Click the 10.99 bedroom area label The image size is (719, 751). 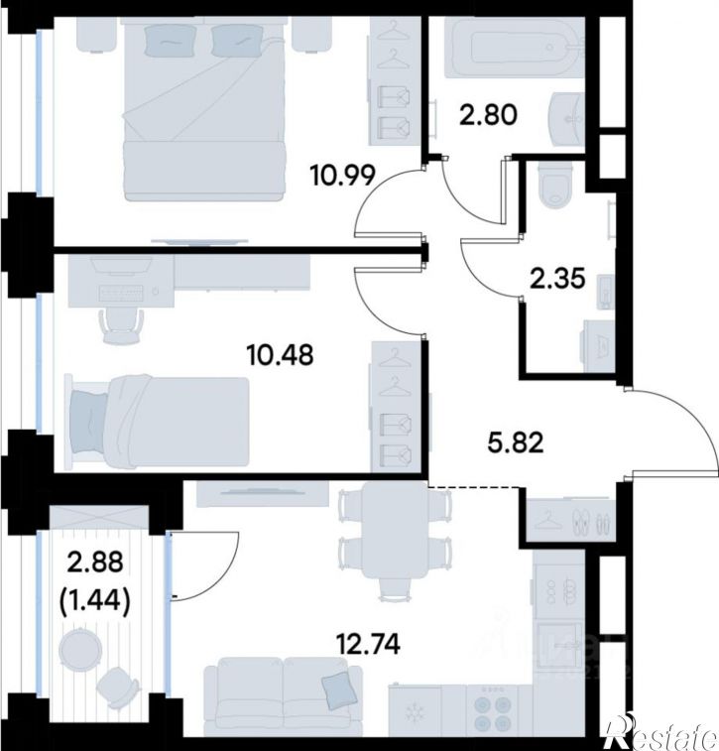342,175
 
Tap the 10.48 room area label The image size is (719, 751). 280,355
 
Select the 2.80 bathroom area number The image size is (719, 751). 488,115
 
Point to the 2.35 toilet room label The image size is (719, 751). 557,279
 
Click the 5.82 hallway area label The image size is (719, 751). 516,442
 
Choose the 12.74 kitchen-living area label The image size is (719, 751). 369,644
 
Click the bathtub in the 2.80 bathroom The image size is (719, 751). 515,47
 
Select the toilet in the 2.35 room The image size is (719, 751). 555,185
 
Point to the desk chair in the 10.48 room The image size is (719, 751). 122,325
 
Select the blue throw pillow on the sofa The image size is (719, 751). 340,690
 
